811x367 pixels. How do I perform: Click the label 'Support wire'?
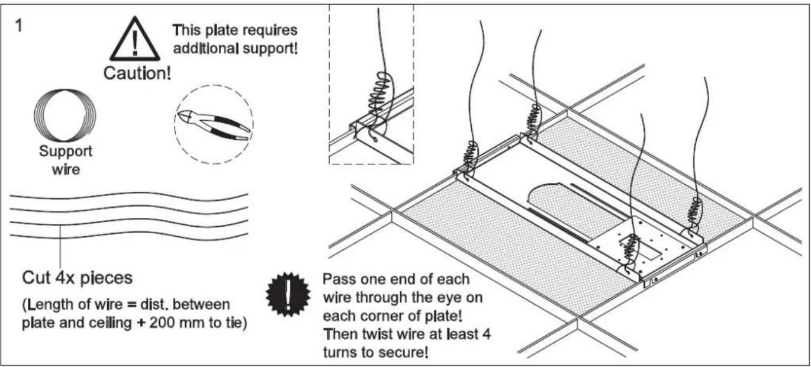pos(65,158)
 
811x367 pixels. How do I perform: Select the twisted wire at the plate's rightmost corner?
pos(692,213)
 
